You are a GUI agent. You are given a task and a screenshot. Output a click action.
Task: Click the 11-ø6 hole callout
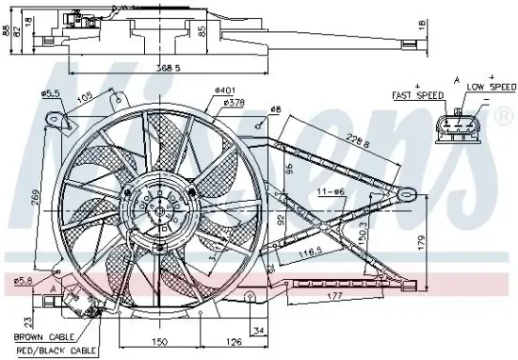pos(330,192)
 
